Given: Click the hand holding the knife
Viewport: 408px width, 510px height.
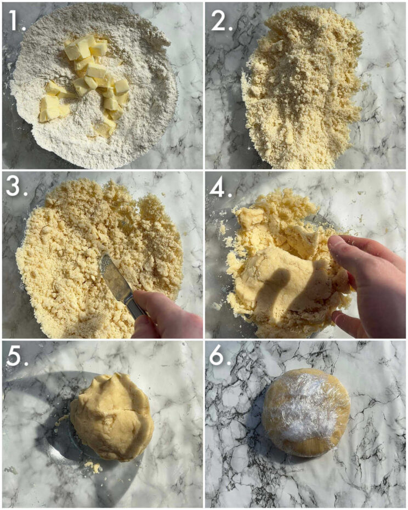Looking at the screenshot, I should tap(165, 315).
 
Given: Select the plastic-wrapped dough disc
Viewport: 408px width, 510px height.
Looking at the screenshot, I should tap(305, 412).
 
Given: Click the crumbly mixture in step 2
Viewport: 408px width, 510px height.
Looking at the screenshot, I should tap(302, 88).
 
